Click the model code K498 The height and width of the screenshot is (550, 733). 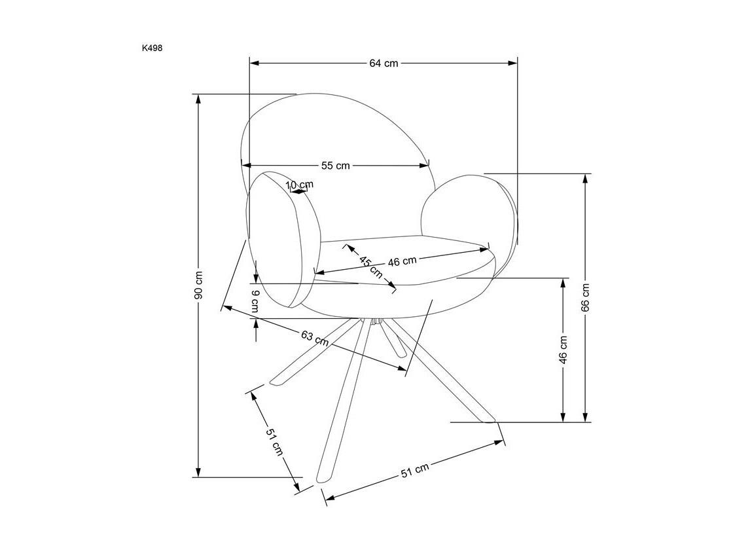click(x=152, y=48)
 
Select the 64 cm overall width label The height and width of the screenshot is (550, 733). click(x=384, y=63)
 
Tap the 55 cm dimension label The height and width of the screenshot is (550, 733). click(x=335, y=166)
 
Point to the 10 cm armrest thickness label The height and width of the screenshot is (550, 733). click(x=300, y=185)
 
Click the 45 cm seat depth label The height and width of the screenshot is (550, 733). click(x=370, y=266)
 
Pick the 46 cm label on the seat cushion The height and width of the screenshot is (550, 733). click(x=402, y=261)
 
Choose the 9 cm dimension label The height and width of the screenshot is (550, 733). click(x=255, y=302)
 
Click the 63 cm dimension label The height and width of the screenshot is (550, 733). click(x=315, y=338)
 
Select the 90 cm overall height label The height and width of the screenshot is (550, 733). click(x=199, y=285)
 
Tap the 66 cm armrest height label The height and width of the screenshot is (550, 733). click(x=586, y=297)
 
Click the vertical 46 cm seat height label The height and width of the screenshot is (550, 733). click(x=563, y=350)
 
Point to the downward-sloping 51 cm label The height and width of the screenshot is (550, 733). click(x=274, y=442)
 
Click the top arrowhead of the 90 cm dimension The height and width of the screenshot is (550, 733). click(x=199, y=99)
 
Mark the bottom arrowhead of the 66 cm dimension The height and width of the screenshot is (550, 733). click(x=585, y=417)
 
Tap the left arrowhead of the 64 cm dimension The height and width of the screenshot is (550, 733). click(x=254, y=63)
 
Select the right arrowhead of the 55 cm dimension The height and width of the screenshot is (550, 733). click(x=424, y=166)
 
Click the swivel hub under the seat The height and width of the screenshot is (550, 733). click(x=376, y=321)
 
